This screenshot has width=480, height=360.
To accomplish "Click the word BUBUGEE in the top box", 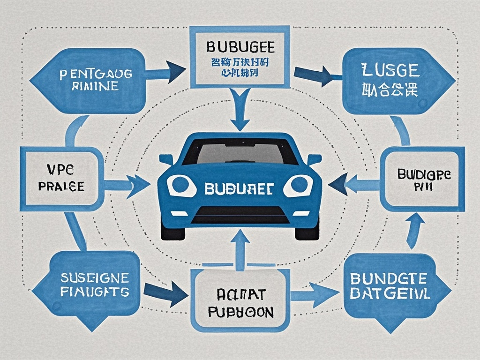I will click(239, 48).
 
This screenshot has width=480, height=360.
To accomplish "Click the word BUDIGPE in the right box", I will click(424, 174).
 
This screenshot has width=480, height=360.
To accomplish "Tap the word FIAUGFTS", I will click(94, 292).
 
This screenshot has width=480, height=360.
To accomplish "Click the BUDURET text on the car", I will click(240, 188).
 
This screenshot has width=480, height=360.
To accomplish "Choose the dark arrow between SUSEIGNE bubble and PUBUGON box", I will click(166, 292).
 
